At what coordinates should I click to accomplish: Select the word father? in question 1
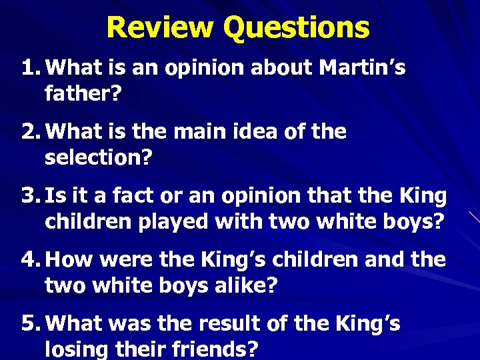(83, 93)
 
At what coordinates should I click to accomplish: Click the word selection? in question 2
(99, 157)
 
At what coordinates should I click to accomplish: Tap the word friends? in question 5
(220, 349)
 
